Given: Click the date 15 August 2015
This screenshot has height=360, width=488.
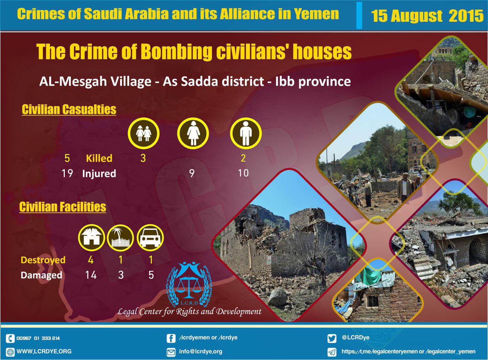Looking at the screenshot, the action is point(427,16).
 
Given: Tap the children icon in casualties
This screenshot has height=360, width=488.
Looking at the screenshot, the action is point(144,133).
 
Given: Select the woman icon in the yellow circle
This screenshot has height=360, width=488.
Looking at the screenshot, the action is point(193,133).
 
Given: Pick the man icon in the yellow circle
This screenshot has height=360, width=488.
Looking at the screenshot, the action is point(246,133).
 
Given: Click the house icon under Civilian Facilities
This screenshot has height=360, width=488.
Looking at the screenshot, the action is point(91,238).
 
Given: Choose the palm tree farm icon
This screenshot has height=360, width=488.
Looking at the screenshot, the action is point(120,238).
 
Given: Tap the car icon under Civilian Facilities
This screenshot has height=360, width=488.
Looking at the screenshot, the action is point(150,238).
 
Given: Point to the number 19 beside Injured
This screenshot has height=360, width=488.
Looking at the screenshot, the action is point(67,174).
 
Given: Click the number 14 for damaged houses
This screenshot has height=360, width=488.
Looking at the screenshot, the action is point(91,275).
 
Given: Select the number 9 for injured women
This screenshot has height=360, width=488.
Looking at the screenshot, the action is point(192,174).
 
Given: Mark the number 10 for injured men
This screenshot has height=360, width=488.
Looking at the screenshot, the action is point(243,173).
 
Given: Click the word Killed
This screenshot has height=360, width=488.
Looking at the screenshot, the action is point(99,158).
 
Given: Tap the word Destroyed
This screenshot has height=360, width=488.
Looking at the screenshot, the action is point(43,260).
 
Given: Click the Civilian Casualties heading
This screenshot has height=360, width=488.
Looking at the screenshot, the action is point(69,109).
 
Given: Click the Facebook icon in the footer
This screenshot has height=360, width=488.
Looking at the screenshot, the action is point(171,338).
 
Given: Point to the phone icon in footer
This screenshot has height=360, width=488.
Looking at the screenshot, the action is point(10,338).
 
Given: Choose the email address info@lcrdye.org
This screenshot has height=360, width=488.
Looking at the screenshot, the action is point(201,352).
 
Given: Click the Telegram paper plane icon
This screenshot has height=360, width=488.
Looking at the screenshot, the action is point(332,352).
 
